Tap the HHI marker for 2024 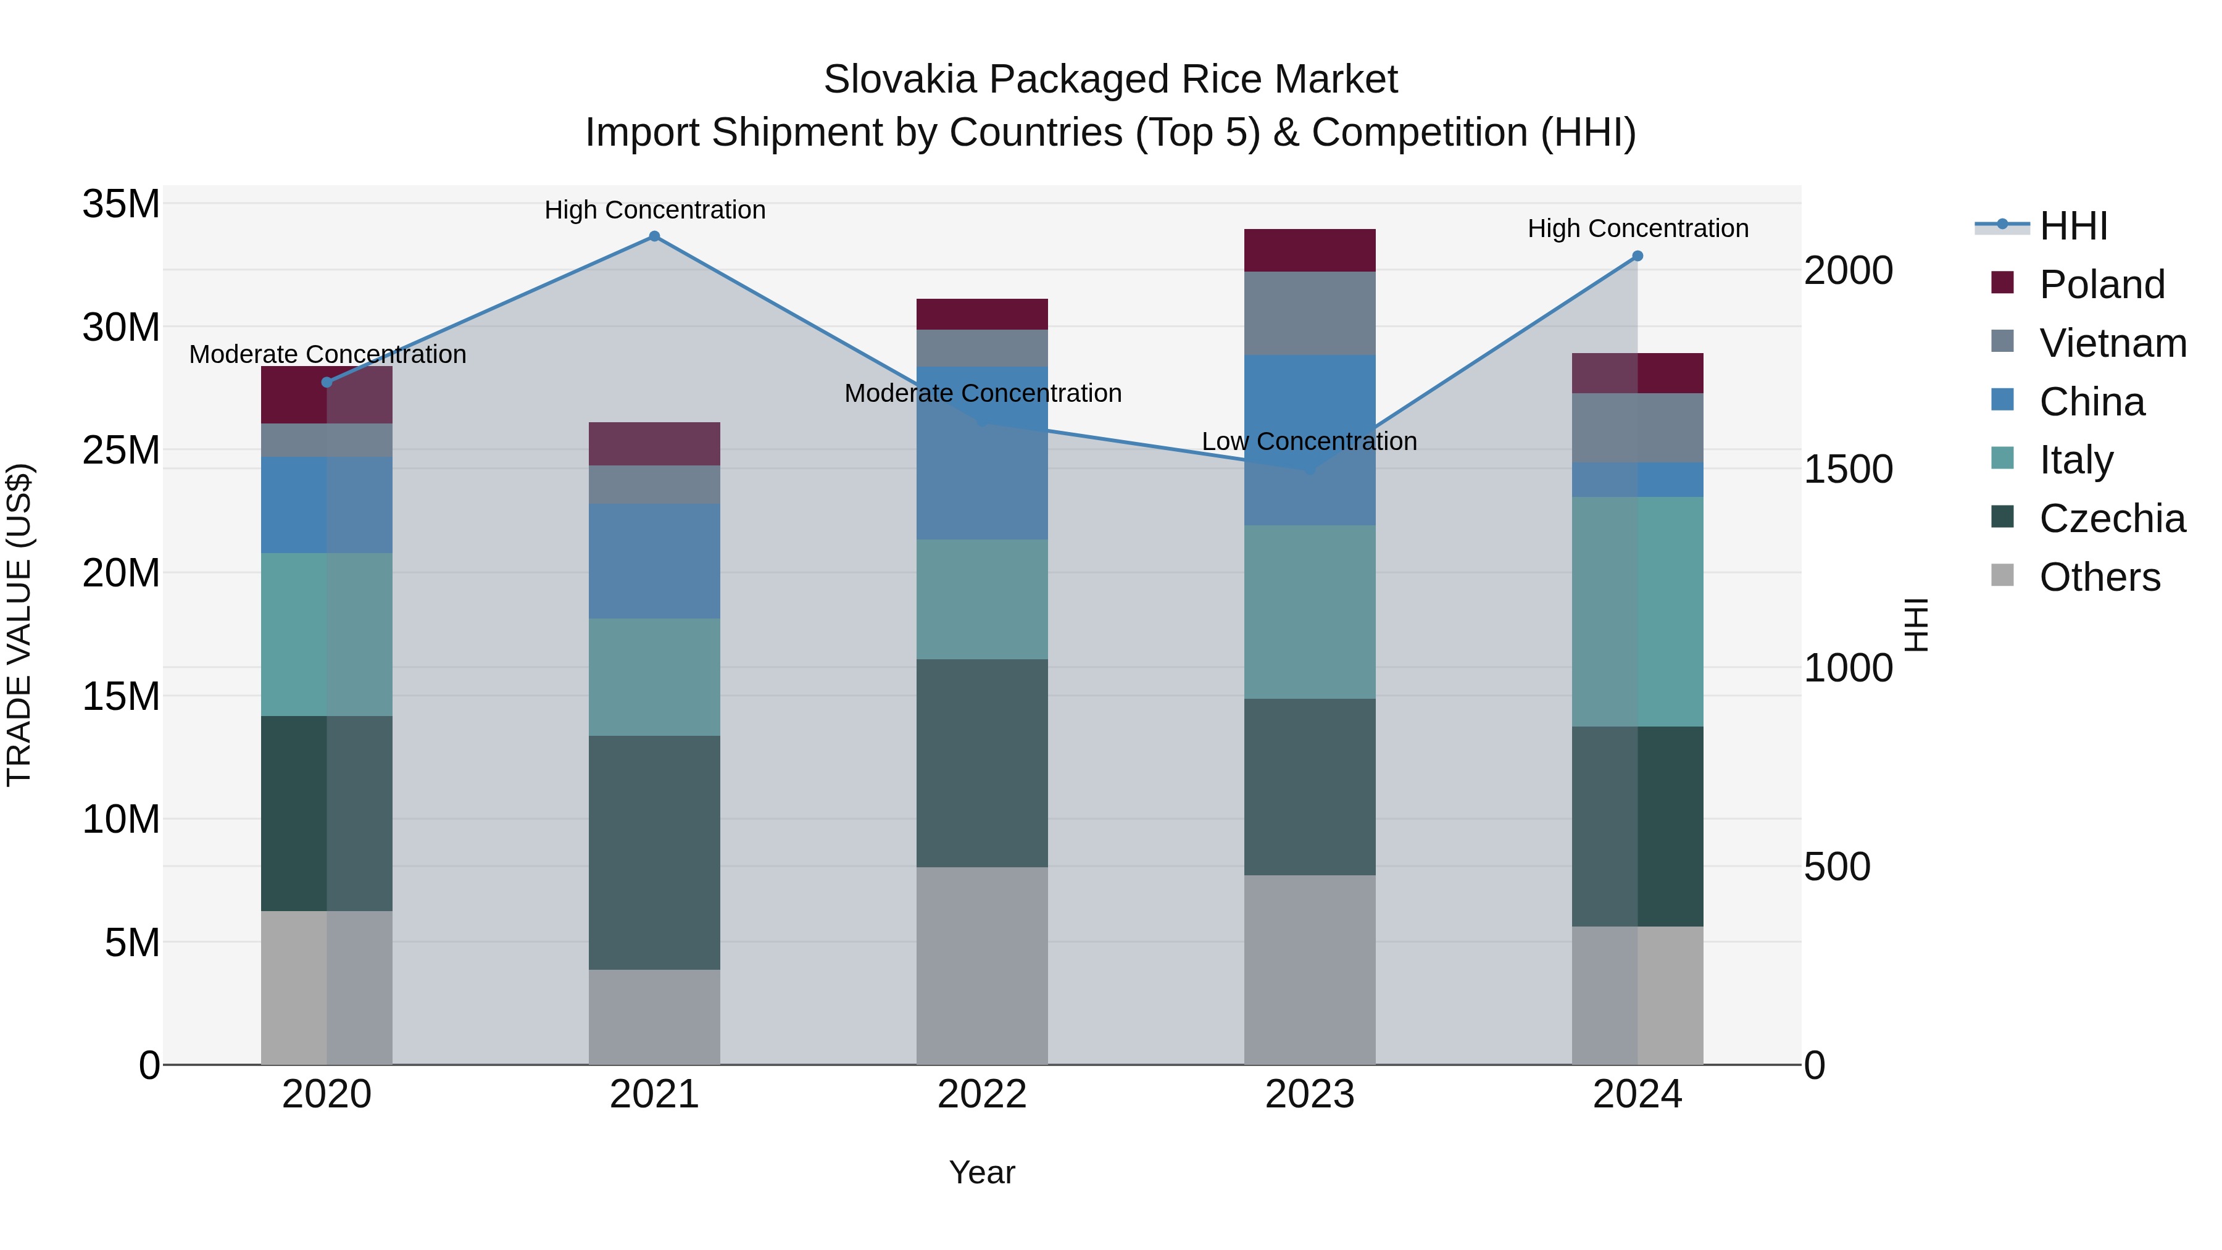(1637, 256)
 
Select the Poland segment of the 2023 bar (1309, 250)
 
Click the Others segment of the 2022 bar (981, 965)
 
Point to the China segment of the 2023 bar (1309, 440)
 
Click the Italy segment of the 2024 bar (1637, 612)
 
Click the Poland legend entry (2101, 285)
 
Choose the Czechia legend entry (2112, 519)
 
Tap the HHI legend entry (2073, 226)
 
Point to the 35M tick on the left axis (121, 204)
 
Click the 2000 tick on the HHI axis (1847, 271)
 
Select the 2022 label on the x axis (981, 1094)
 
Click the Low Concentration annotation (1309, 442)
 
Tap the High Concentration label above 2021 (655, 210)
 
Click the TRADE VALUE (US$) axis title (19, 625)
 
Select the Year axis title (981, 1172)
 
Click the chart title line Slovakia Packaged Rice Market (1110, 80)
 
